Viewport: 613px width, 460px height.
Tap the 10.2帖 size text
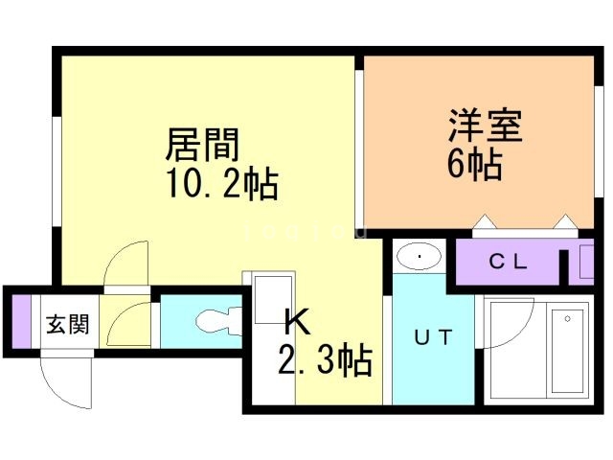point(221,182)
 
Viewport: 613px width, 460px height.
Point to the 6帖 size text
point(473,165)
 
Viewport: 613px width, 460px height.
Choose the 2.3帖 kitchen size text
point(325,362)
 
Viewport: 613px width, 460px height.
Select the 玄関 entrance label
point(67,323)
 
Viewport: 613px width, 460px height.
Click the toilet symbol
point(211,320)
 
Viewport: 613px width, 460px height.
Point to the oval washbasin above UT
point(418,256)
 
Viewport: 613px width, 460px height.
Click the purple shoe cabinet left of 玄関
point(22,320)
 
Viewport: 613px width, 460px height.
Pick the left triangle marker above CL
point(483,225)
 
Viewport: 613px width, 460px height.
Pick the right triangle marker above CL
point(566,225)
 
